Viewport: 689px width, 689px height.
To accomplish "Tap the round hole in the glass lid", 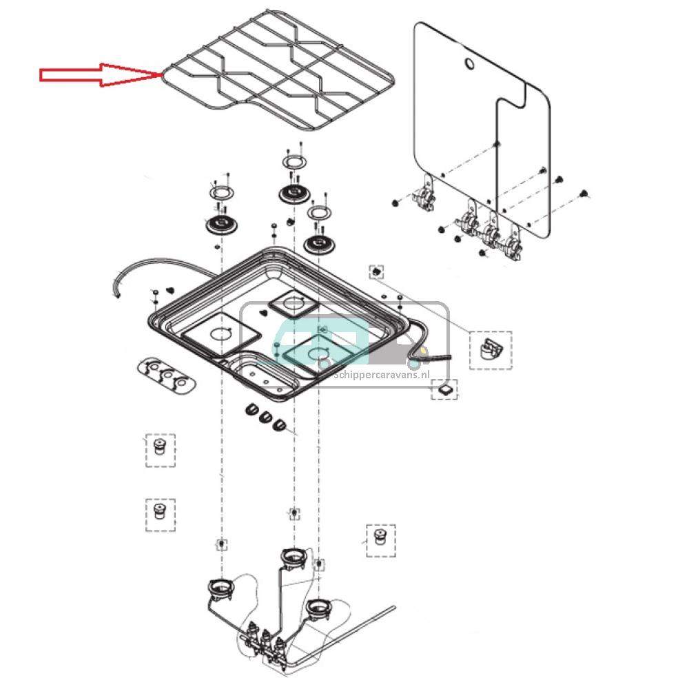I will pos(469,65).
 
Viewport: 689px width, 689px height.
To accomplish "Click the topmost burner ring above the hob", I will pos(294,163).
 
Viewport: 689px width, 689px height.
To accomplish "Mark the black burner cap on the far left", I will pos(220,224).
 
